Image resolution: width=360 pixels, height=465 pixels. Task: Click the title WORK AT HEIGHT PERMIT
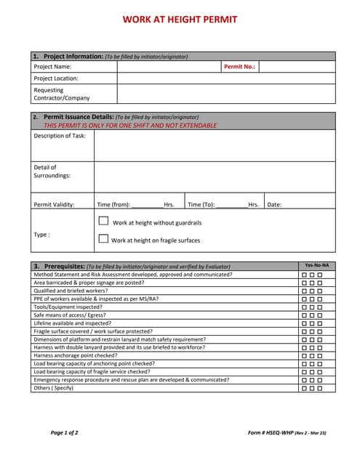[x=180, y=20]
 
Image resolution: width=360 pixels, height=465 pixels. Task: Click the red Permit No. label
[x=239, y=67]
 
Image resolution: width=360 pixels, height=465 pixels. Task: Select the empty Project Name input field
[x=169, y=67]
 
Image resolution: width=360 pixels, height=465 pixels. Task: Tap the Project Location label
[x=56, y=78]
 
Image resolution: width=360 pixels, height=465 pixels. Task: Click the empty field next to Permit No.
[x=297, y=67]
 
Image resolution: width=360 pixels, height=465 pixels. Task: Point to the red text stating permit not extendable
[x=130, y=125]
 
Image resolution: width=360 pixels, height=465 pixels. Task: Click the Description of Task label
[x=60, y=136]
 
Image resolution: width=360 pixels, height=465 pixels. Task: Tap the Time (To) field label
[x=201, y=205]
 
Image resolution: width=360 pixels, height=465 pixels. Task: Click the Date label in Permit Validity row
[x=274, y=205]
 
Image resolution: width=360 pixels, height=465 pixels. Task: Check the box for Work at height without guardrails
[x=103, y=222]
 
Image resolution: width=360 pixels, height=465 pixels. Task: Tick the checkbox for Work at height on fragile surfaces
[x=103, y=238]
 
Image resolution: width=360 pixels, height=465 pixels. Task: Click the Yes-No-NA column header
[x=316, y=266]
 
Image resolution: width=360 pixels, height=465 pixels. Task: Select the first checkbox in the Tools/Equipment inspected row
[x=304, y=307]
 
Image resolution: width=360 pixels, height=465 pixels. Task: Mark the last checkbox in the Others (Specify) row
[x=320, y=389]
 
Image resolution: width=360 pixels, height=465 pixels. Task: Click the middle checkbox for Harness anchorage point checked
[x=312, y=356]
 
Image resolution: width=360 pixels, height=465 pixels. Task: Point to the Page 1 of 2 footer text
[x=65, y=433]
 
